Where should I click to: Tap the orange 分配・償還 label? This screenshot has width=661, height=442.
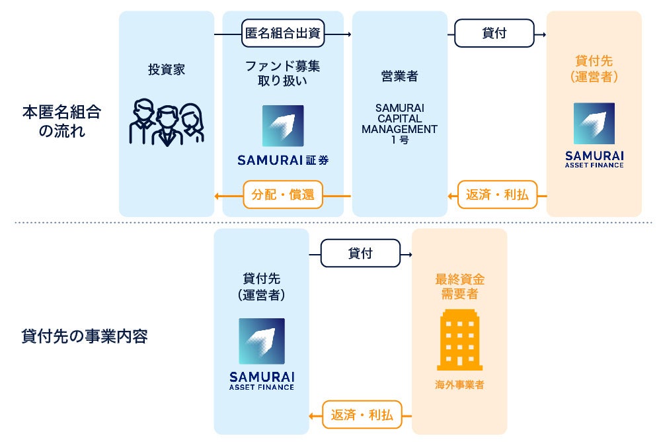(x=283, y=195)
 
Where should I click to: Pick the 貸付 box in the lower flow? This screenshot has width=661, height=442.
(x=360, y=253)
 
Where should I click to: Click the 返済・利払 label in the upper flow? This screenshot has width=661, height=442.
(x=497, y=195)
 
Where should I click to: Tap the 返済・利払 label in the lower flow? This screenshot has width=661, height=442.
(x=362, y=415)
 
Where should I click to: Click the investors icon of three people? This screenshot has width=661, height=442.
(x=166, y=122)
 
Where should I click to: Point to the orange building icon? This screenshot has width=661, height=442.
(x=459, y=339)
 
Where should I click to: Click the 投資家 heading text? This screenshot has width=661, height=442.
(x=167, y=69)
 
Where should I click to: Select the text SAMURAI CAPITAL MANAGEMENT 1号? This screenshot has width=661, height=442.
(x=399, y=124)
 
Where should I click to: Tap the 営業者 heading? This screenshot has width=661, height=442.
(x=399, y=77)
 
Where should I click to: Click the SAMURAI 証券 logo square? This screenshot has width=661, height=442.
(x=283, y=126)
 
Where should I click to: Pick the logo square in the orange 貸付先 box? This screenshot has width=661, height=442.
(x=594, y=124)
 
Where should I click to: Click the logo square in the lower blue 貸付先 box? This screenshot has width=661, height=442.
(x=262, y=341)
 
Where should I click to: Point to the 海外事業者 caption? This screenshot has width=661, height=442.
(x=459, y=384)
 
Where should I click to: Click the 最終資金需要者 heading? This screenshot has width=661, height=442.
(x=459, y=286)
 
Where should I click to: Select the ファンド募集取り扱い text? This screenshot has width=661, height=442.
(x=283, y=73)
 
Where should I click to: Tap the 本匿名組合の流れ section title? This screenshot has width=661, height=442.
(x=61, y=121)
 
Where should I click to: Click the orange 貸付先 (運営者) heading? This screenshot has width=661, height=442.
(x=594, y=69)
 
